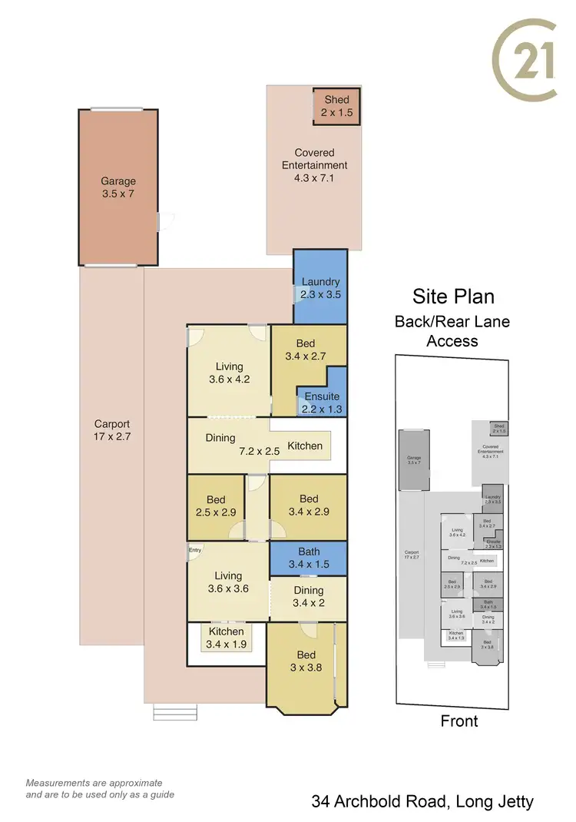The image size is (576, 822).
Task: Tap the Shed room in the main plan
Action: tap(336, 106)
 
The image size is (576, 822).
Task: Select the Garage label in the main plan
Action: tap(118, 188)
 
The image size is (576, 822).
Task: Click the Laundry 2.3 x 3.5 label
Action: tap(320, 288)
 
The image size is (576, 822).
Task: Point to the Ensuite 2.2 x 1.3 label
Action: tap(320, 403)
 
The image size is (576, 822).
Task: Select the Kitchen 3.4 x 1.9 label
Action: tap(226, 638)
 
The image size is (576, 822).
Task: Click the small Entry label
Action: tap(195, 549)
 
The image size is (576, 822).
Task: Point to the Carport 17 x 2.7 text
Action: tap(112, 430)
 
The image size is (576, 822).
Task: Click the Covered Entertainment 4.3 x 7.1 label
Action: tap(314, 165)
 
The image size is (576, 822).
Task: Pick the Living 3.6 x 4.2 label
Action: tap(229, 373)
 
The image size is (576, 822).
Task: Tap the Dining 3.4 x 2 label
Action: tap(308, 597)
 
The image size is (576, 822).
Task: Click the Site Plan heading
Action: tap(452, 297)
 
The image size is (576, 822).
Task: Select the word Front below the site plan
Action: tap(458, 721)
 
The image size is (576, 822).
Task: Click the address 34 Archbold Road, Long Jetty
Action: tap(422, 802)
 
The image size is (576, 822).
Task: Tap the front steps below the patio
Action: tap(175, 712)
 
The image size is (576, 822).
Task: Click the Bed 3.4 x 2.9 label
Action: tap(308, 505)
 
